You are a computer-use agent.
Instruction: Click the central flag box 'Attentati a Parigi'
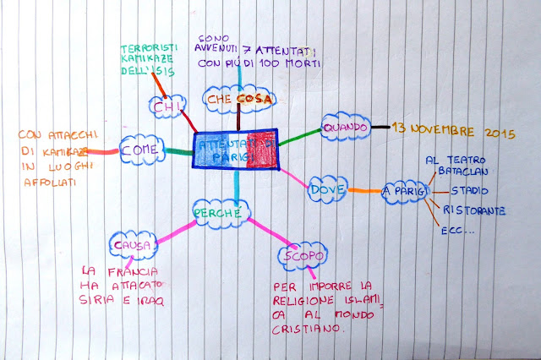(x=234, y=150)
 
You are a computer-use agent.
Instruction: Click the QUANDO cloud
(x=345, y=127)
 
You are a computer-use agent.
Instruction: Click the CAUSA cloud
(x=134, y=246)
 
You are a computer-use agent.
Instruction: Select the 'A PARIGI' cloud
(x=402, y=189)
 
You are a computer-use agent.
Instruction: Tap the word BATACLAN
(x=477, y=172)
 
